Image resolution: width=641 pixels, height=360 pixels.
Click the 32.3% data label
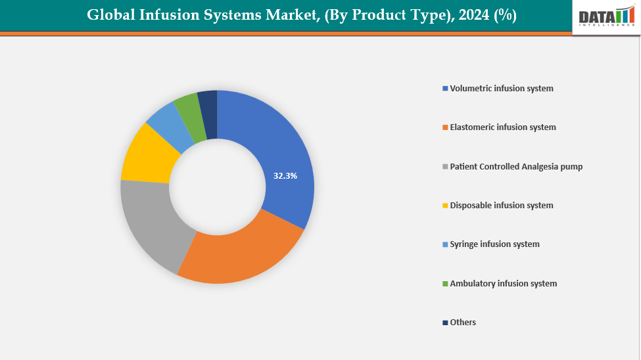pos(285,176)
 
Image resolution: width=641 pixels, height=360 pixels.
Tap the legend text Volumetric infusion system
pos(502,88)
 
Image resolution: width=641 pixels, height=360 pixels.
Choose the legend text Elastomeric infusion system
pos(503,127)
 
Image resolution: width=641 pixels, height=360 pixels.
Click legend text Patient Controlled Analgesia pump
pos(516,166)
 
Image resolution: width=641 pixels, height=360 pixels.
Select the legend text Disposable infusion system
pos(502,205)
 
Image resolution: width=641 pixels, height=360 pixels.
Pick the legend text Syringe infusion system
pos(494,244)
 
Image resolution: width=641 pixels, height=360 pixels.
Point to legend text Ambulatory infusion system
pos(504,283)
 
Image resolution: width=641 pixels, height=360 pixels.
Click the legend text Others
pos(463,322)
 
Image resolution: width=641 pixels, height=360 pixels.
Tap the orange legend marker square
pos(445,127)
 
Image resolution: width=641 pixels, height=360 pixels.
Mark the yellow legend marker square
pos(445,206)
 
